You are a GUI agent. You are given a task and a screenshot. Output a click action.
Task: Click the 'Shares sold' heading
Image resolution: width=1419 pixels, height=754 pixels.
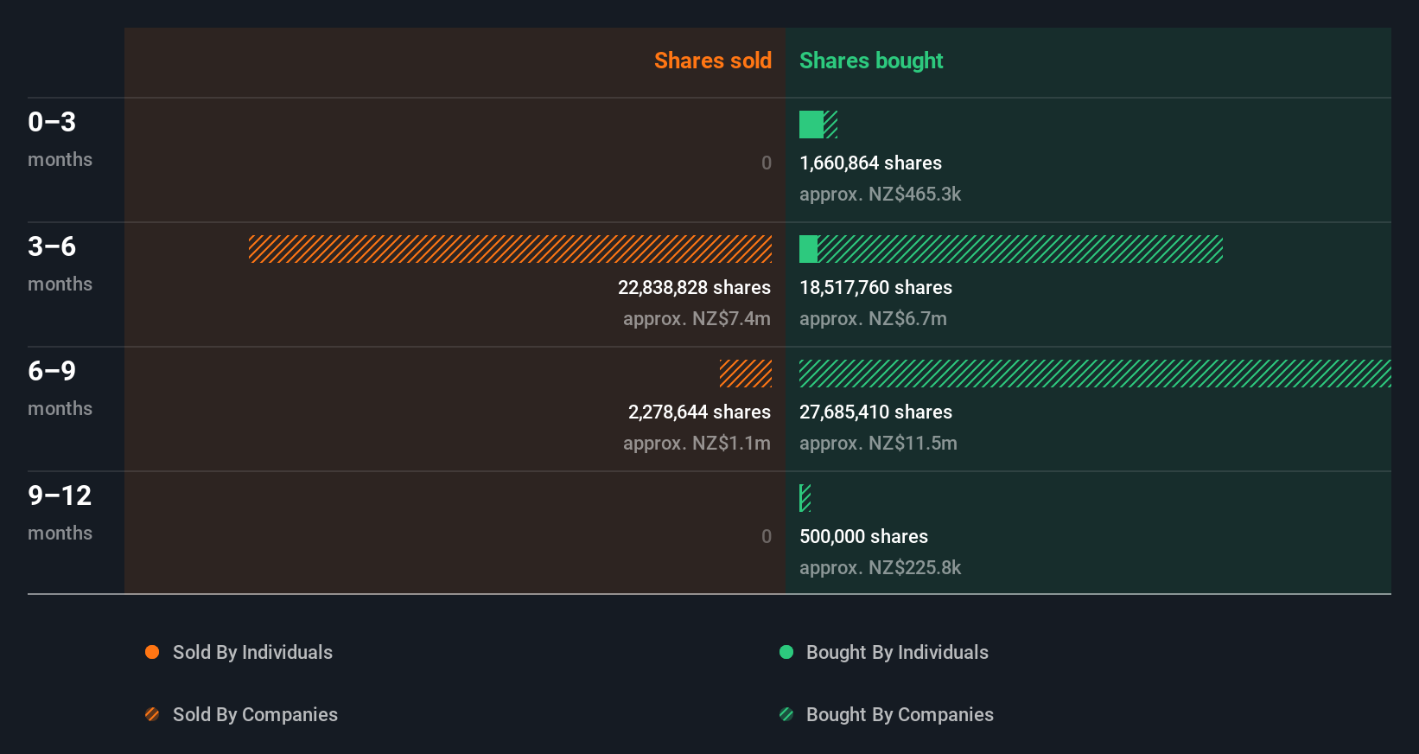point(712,61)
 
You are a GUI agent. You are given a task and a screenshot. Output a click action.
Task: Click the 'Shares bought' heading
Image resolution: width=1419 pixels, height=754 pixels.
point(870,61)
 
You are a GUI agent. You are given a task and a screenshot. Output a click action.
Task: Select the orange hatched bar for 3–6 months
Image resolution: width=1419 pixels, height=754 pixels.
point(510,249)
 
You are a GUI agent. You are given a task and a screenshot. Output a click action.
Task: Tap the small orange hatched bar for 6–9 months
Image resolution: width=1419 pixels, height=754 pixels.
point(746,374)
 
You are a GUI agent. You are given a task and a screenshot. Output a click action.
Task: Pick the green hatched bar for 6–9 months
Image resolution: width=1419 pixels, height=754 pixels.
point(1095,374)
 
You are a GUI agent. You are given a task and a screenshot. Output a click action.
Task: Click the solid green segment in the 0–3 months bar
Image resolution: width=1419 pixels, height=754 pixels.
point(811,125)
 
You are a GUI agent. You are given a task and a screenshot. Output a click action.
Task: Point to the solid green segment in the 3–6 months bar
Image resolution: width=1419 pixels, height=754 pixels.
point(808,249)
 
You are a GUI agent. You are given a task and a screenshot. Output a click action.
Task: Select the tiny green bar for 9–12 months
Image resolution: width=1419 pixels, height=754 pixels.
point(805,498)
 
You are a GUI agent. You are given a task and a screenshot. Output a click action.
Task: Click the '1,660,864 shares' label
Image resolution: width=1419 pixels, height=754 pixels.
point(870,163)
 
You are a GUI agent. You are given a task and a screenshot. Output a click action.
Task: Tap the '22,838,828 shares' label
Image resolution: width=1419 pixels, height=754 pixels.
point(694,287)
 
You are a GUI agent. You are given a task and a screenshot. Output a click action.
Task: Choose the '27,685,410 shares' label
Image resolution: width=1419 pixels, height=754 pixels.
point(875,412)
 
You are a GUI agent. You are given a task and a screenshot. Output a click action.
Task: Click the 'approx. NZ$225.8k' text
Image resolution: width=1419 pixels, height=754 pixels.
point(880,567)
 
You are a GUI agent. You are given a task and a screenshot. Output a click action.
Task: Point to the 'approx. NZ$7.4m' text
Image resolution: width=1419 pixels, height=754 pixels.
point(697,318)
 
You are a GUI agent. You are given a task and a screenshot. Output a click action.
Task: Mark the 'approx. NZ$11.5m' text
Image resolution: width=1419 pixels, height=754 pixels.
point(878,443)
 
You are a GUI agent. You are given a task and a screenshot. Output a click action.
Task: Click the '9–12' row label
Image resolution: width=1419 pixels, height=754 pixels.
point(60,495)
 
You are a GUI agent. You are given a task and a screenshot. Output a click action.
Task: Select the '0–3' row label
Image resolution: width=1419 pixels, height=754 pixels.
point(52,122)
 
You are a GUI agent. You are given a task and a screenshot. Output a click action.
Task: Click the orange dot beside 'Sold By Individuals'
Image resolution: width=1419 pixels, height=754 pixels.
point(152,652)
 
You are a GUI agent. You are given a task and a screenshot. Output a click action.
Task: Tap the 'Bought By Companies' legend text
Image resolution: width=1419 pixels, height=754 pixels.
point(900,714)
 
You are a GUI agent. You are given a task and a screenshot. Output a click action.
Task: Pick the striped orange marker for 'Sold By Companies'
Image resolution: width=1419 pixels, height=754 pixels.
point(152,714)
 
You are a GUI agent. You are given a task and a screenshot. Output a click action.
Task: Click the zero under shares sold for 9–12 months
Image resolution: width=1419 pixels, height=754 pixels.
point(766,536)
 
